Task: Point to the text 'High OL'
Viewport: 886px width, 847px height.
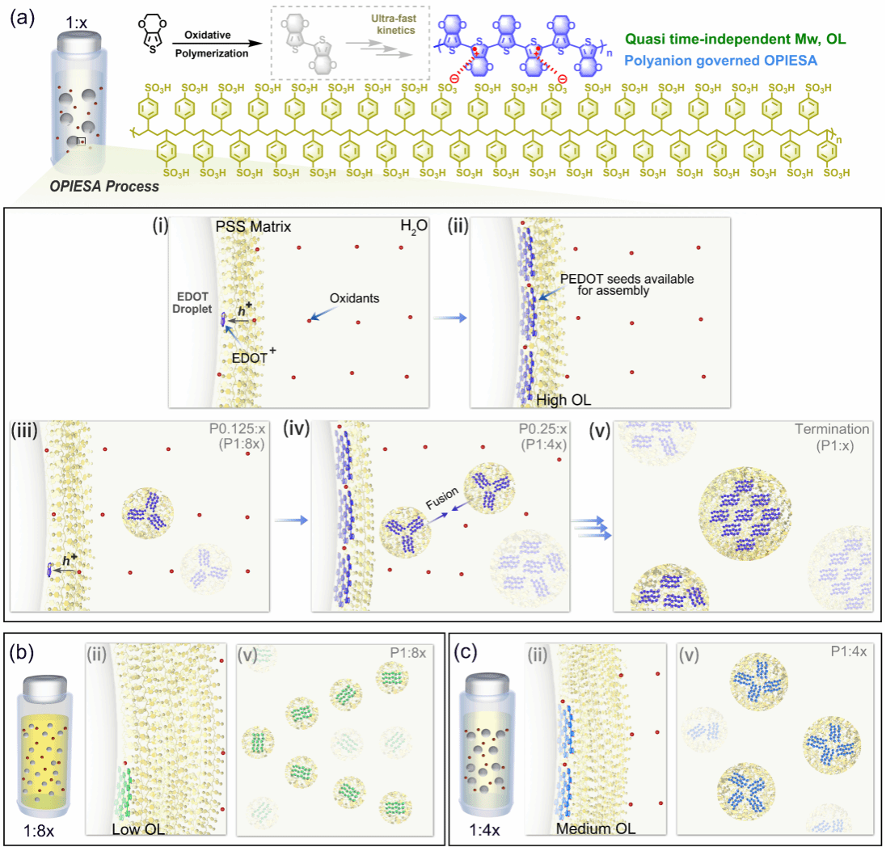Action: [x=563, y=398]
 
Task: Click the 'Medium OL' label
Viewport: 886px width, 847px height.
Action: [x=595, y=828]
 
